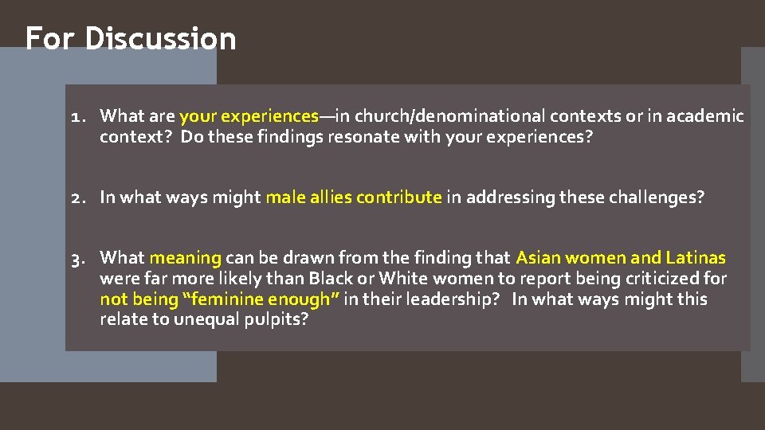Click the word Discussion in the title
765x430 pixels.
tap(160, 38)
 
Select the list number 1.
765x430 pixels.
tap(76, 117)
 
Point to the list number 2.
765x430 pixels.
tap(76, 197)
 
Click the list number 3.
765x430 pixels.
tap(76, 258)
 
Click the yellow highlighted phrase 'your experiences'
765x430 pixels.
tap(249, 117)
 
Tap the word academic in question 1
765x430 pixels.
tap(704, 117)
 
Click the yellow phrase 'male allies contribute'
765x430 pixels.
tap(353, 197)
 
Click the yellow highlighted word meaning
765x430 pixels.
tap(185, 258)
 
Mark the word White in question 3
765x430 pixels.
tap(403, 279)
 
